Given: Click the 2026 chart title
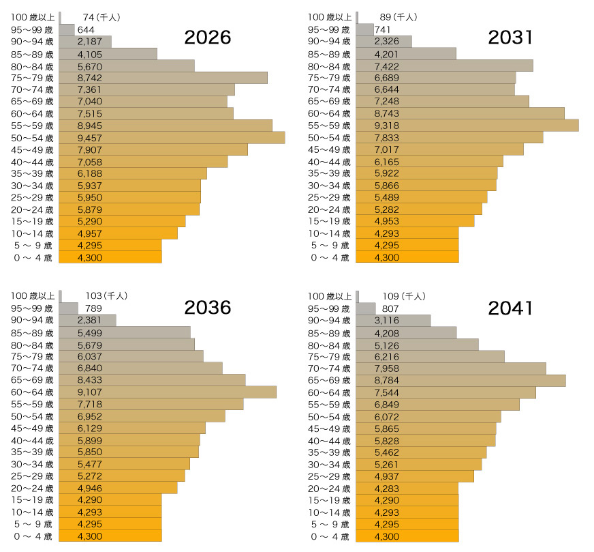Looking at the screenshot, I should [x=208, y=38].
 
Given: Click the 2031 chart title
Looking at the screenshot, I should [x=511, y=38].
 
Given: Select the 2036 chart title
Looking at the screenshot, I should [x=208, y=308].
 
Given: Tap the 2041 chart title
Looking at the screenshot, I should [x=511, y=308].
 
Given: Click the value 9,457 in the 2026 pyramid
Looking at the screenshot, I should [x=90, y=138].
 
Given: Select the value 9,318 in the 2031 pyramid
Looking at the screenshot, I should [x=386, y=126].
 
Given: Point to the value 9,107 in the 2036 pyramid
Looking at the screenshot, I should [x=90, y=392].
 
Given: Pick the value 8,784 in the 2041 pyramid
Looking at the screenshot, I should [x=386, y=380].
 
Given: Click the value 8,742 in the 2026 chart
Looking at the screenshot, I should [x=90, y=78].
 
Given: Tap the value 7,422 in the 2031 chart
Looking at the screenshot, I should [x=386, y=66].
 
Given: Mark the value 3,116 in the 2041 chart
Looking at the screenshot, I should [x=386, y=320].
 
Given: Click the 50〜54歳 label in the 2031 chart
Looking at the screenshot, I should [x=330, y=138].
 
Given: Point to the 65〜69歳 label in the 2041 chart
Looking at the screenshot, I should [x=330, y=380].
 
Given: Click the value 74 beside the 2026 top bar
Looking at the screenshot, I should [x=88, y=17].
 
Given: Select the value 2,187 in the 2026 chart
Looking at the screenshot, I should [x=90, y=42].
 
